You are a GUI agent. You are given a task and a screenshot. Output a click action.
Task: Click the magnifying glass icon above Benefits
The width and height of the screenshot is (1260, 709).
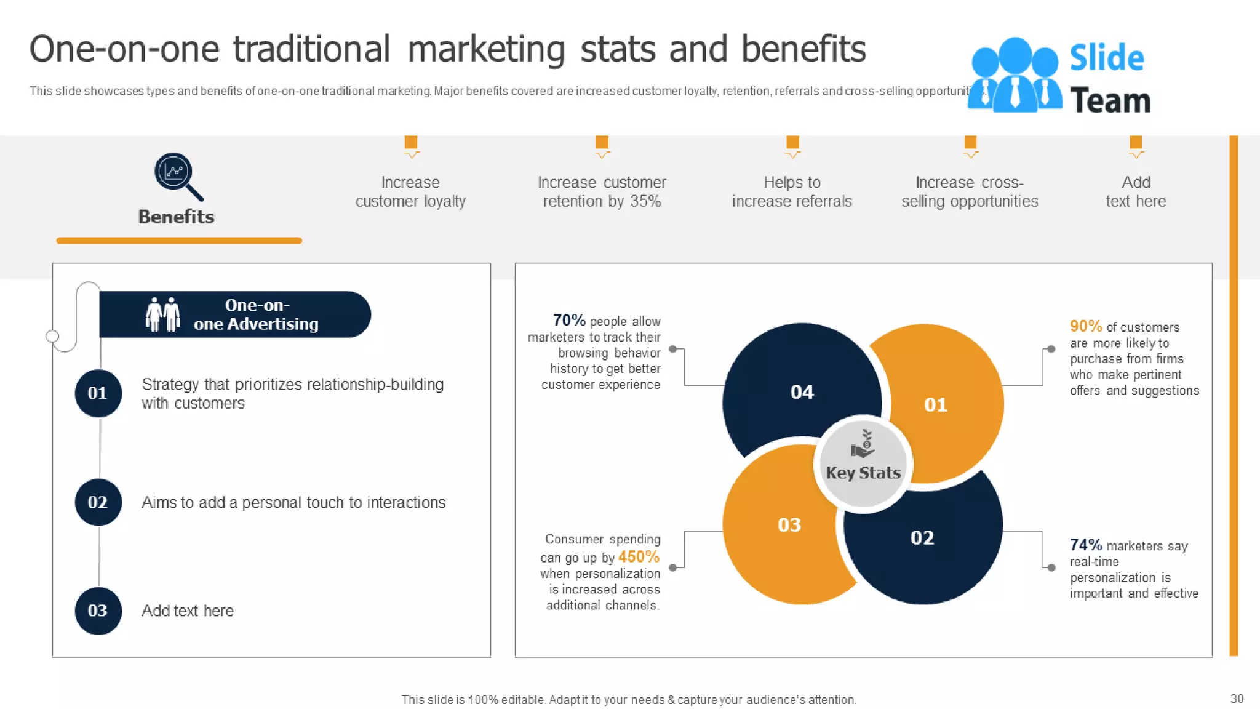pos(177,175)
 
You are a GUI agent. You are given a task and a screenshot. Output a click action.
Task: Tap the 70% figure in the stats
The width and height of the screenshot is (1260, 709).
pos(568,320)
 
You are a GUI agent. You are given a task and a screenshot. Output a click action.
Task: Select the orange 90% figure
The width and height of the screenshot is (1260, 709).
pos(1085,326)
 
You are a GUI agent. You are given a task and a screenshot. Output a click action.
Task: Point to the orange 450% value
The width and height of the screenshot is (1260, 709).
pos(638,557)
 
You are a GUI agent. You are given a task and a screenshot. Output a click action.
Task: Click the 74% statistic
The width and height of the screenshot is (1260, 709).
pos(1085,545)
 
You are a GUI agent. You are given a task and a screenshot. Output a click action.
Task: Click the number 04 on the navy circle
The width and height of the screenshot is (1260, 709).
pos(802,392)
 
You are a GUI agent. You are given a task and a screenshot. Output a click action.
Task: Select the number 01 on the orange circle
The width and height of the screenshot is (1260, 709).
pos(935,405)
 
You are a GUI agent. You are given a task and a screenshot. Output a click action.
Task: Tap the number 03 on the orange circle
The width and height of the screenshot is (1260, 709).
pos(789,525)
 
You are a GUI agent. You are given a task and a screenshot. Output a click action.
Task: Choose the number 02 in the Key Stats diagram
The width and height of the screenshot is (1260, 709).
pos(922,538)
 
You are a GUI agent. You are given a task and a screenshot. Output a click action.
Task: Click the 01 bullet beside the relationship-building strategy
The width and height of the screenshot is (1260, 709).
pos(98,393)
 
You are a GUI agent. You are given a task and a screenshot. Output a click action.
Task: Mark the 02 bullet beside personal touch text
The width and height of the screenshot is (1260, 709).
pos(98,502)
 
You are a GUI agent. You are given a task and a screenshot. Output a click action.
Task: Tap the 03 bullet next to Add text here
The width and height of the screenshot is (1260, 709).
pos(98,611)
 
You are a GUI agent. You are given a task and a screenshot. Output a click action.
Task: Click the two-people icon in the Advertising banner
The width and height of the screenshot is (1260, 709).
pos(163,314)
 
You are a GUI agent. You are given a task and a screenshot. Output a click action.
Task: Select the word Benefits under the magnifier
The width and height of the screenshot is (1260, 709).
pos(176,217)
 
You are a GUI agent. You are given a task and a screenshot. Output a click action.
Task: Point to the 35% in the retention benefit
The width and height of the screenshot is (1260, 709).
pos(645,201)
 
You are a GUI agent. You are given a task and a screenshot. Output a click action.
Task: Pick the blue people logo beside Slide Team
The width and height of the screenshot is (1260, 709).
pos(1014,76)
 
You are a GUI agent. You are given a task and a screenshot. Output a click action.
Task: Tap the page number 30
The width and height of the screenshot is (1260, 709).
pos(1237,699)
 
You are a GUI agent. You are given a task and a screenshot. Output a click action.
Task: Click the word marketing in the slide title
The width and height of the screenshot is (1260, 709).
pos(486,49)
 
